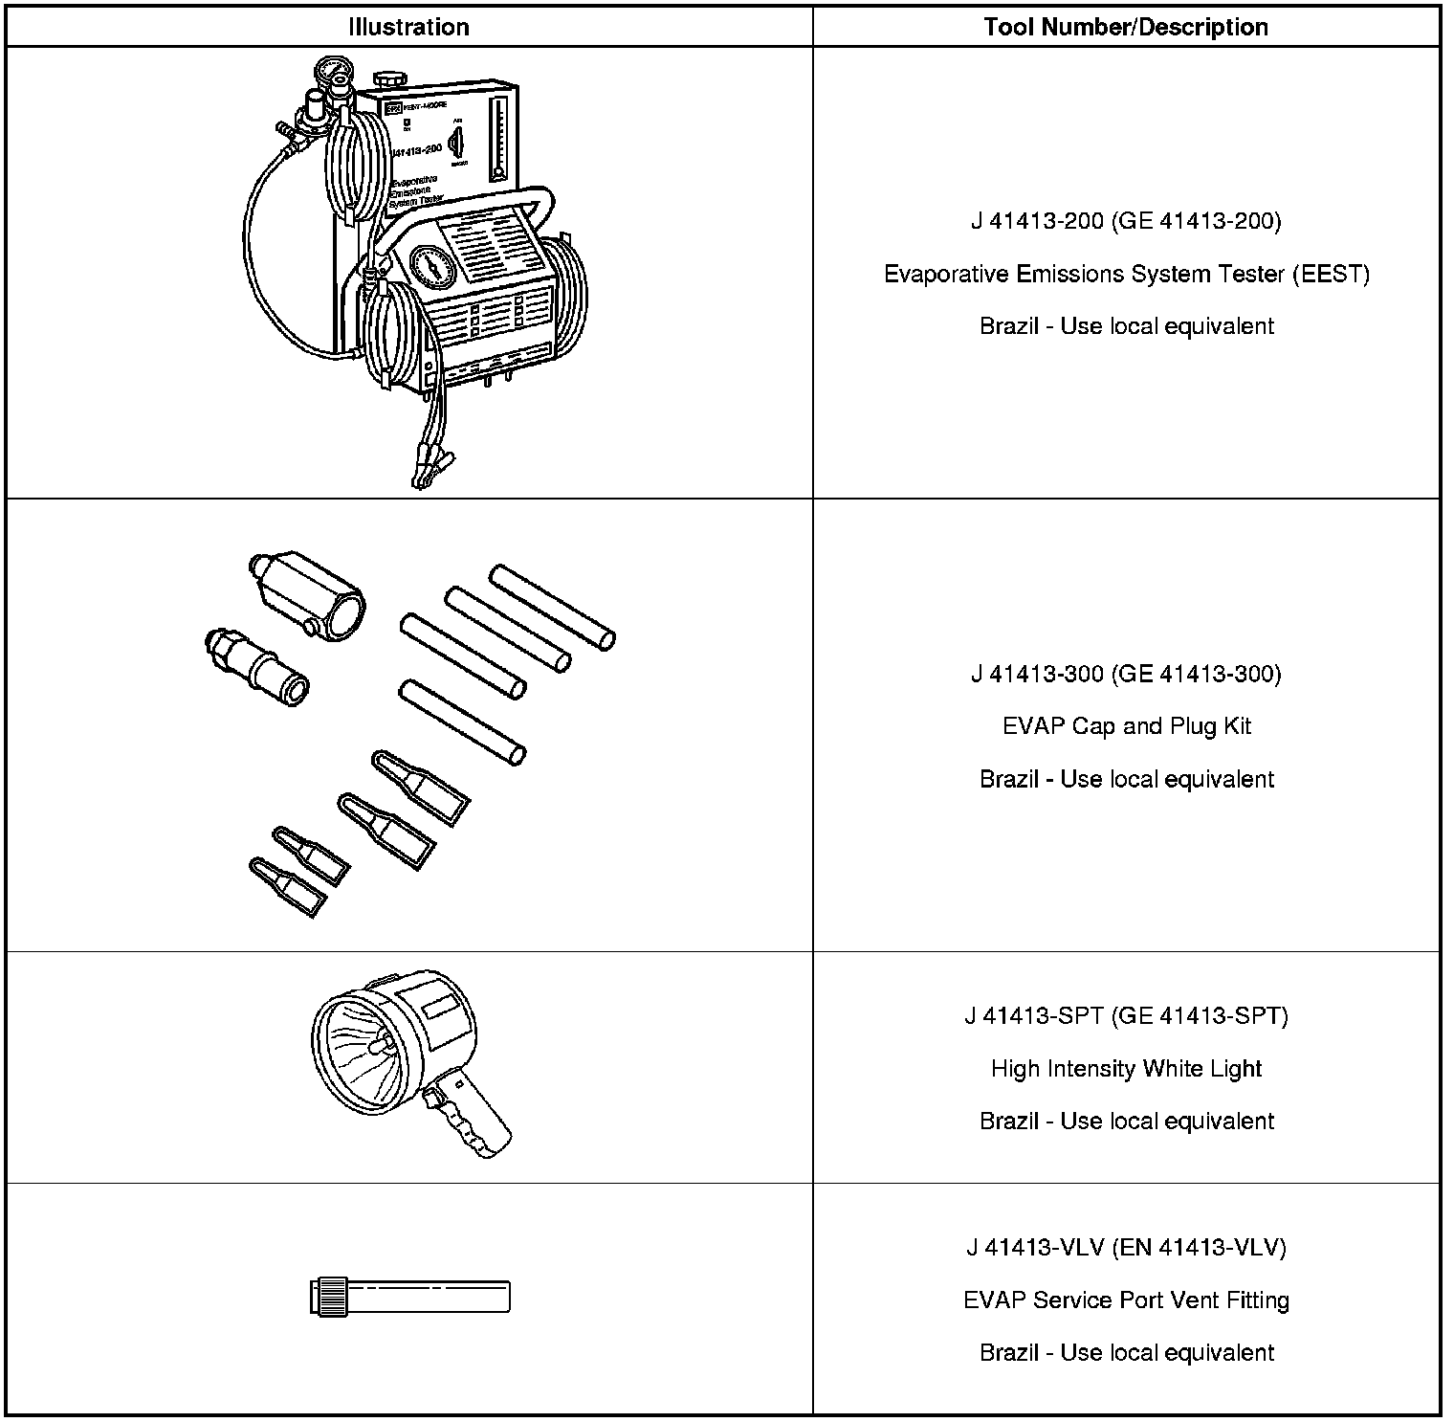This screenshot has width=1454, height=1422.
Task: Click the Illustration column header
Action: click(x=408, y=27)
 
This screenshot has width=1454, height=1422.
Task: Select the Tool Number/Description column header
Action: click(x=1126, y=27)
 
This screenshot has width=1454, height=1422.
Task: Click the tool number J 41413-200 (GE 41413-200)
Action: click(x=1126, y=221)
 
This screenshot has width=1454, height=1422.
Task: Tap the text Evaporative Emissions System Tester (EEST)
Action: click(x=1126, y=275)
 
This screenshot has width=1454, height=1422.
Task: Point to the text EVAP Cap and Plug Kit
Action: click(x=1126, y=726)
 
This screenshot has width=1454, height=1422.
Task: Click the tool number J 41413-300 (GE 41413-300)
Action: click(x=1126, y=674)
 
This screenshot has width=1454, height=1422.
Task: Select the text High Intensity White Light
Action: click(x=1126, y=1068)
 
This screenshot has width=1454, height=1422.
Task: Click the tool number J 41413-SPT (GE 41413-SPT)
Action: click(x=1126, y=1015)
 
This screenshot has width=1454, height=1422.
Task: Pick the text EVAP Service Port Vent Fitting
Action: click(x=1126, y=1300)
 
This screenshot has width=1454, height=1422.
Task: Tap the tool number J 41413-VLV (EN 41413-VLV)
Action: click(x=1126, y=1248)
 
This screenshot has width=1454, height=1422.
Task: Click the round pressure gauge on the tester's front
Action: click(x=432, y=267)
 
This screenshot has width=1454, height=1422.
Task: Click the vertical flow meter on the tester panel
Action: click(x=497, y=137)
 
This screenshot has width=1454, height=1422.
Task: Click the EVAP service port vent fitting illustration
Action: click(x=410, y=1298)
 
